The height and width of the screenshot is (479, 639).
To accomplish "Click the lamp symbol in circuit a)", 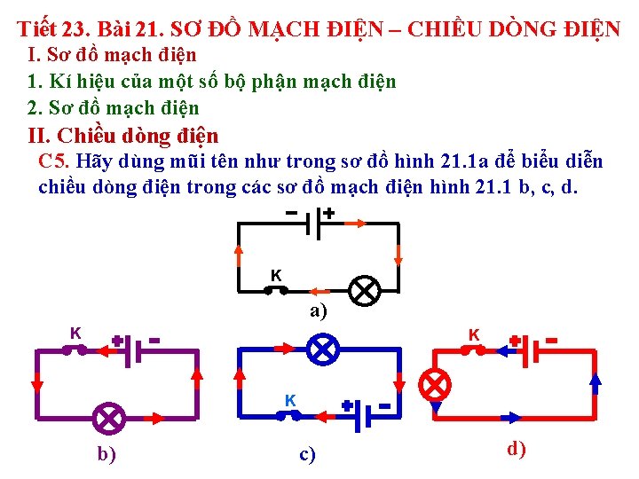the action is [x=364, y=290].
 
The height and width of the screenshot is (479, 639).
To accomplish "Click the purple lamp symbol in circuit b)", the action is [x=109, y=417].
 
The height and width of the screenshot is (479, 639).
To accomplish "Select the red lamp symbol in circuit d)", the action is [x=435, y=384].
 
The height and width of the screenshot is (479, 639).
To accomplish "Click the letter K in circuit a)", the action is [x=276, y=275].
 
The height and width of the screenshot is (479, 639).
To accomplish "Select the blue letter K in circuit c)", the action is [x=290, y=400].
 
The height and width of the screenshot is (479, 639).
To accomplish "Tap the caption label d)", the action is [x=517, y=449].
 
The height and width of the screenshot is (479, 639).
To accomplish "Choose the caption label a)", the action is [x=318, y=311].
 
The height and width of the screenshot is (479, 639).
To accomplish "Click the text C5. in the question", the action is [x=55, y=161].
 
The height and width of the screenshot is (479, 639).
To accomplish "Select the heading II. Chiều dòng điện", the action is [x=123, y=136].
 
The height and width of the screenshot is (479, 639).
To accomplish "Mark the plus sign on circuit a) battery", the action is [x=328, y=214].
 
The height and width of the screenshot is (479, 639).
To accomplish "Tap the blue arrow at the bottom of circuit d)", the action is [x=513, y=417].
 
